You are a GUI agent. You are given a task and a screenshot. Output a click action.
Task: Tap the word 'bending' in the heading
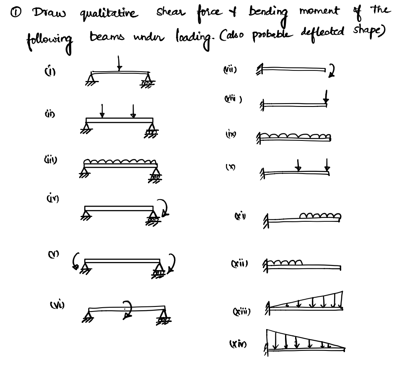coord(268,13)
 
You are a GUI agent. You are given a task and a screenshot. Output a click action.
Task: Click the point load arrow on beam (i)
coord(119,63)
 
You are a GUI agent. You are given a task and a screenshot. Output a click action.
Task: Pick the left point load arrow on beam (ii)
coord(102,111)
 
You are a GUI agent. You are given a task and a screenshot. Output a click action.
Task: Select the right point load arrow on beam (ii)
coord(133,111)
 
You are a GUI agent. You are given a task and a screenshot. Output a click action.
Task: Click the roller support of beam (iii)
coord(156,176)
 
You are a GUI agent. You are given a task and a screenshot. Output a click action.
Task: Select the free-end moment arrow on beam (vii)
coord(332,71)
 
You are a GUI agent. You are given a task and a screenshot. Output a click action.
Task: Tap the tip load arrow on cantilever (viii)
coord(326,97)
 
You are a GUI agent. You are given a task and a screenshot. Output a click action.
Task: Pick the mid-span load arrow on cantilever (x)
coord(298,165)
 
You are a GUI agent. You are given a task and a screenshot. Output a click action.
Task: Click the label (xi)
coord(240,216)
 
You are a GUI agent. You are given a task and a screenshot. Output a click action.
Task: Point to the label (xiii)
coord(241,311)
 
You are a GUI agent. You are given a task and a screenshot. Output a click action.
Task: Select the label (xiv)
coord(238,344)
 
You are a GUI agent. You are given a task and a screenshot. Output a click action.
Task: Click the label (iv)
coord(52,198)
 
